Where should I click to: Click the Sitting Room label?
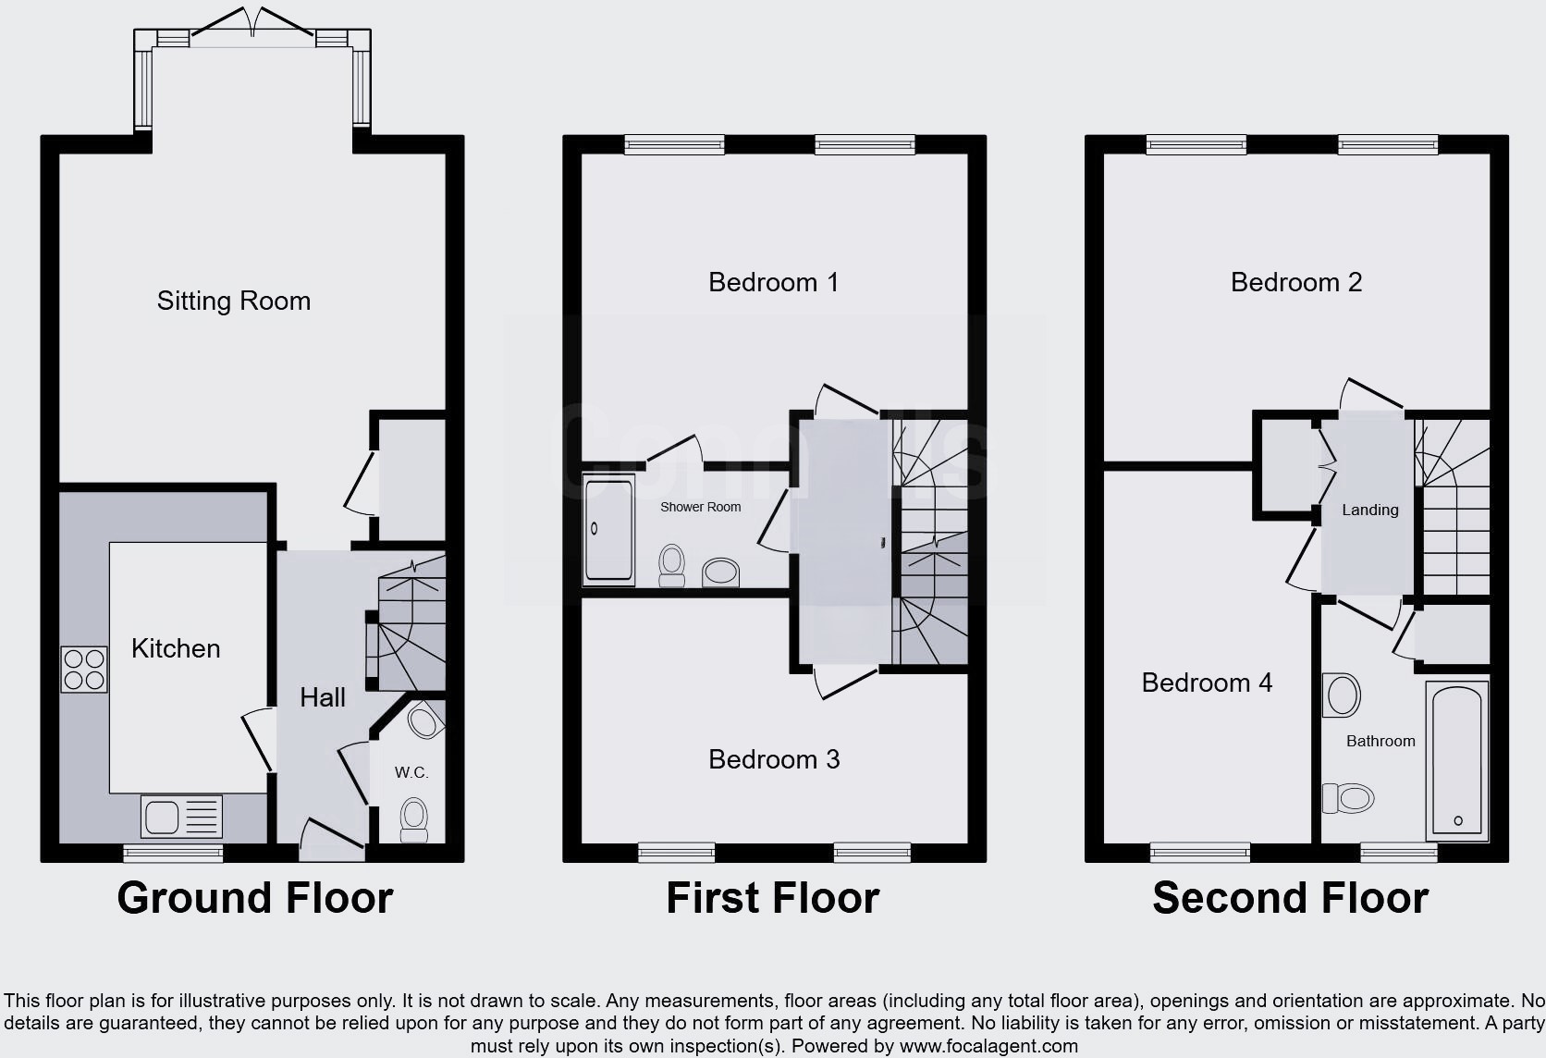(x=233, y=301)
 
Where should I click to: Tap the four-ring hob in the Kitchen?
(x=84, y=670)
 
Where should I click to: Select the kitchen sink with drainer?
(x=182, y=817)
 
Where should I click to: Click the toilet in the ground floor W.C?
(x=413, y=819)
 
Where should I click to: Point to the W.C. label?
(x=411, y=772)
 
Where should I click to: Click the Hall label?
(x=323, y=697)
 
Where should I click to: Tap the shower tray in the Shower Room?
(x=608, y=529)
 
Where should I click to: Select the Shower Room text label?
(x=701, y=507)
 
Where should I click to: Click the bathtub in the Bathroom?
(x=1457, y=760)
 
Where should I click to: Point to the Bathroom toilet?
(x=1348, y=798)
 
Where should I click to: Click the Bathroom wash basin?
(x=1341, y=695)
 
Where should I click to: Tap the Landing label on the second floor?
(x=1370, y=510)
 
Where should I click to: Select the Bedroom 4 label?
(x=1208, y=683)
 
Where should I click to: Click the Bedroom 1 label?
(x=774, y=282)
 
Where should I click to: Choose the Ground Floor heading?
(x=254, y=898)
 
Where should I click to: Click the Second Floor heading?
(x=1291, y=898)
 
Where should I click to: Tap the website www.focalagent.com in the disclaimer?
(x=988, y=1046)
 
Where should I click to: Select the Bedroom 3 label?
(x=774, y=759)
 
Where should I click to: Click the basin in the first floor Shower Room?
(x=720, y=572)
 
